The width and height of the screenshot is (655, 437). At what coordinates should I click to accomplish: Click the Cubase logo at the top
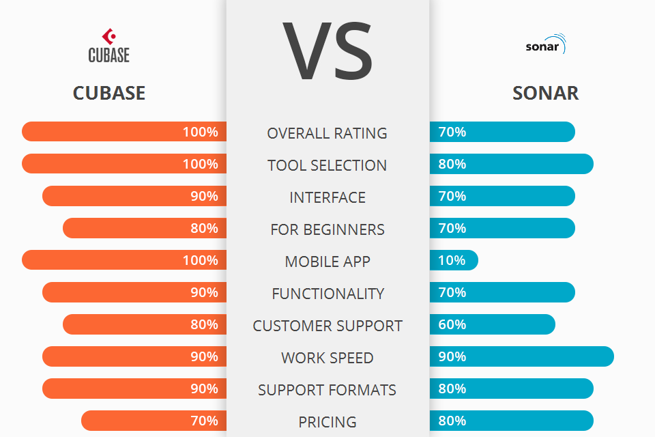point(108,46)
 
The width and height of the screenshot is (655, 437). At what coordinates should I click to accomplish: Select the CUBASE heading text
point(109,93)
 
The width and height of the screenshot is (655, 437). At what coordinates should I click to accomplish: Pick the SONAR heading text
point(545,93)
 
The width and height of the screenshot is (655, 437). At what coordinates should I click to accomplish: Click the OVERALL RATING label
point(327,133)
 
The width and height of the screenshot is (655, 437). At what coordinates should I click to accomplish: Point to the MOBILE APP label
point(327,262)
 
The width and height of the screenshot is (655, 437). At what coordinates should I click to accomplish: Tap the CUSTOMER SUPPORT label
point(327,326)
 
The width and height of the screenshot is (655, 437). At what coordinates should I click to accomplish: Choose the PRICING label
point(327,422)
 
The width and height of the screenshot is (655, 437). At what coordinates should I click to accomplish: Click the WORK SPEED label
point(327,358)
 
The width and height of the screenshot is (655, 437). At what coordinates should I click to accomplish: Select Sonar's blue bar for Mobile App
point(454,260)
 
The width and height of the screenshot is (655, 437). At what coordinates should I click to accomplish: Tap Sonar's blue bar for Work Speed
point(522,356)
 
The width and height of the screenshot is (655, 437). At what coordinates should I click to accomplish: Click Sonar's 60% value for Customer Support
point(452,324)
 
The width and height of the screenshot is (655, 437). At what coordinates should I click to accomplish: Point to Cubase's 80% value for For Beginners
point(204,228)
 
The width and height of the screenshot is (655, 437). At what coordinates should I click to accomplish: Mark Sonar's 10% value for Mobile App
point(452,260)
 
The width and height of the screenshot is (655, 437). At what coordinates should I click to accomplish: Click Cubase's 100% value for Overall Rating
point(200,132)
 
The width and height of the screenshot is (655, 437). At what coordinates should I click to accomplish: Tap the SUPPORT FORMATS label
point(327,390)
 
